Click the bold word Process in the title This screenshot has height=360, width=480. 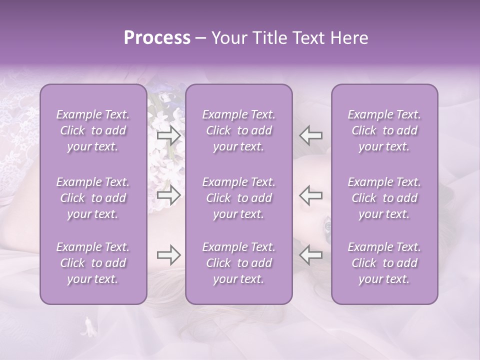(157, 38)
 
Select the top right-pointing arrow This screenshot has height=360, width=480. (169, 135)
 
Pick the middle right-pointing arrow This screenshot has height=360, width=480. (169, 195)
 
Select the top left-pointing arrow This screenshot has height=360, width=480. (311, 135)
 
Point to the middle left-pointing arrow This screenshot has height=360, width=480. (311, 195)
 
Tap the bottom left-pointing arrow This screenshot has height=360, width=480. (311, 255)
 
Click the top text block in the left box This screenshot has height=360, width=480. (93, 130)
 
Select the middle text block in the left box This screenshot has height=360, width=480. (93, 198)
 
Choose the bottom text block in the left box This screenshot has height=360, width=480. (93, 263)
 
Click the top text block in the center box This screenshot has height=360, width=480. (239, 130)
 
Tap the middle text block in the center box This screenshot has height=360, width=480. (239, 198)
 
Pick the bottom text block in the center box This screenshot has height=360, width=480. (239, 263)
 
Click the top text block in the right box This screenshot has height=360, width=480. (384, 130)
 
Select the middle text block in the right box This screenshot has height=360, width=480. (384, 198)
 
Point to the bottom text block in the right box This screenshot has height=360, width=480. (384, 263)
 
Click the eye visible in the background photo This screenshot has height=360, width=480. (327, 225)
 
